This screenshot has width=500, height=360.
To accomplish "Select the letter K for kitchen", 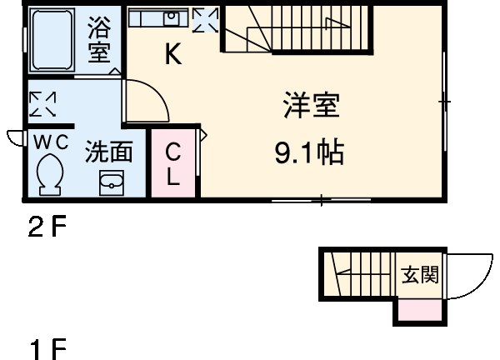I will [x=172, y=56].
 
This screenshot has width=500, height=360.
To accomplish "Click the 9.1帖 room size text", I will [x=310, y=154].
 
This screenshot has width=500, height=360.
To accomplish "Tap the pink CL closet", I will [x=173, y=164].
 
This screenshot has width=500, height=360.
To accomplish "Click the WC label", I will [x=50, y=142].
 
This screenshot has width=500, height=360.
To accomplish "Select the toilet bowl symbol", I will [x=50, y=176].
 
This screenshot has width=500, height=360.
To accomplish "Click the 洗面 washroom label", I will [x=110, y=152].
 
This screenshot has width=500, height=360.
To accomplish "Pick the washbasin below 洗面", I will [x=111, y=182].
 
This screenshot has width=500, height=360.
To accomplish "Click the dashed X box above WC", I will [x=42, y=104].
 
